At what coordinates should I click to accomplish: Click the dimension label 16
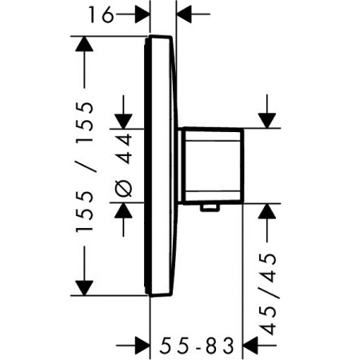[101, 14]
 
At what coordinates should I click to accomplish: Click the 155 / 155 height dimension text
[85, 167]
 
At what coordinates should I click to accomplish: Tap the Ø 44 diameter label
[125, 166]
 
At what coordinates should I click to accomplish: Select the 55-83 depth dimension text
[197, 346]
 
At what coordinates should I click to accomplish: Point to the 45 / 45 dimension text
[267, 294]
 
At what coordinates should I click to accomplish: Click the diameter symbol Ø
[125, 189]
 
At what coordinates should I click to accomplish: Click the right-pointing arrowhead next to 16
[142, 14]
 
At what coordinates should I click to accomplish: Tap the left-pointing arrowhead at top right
[184, 14]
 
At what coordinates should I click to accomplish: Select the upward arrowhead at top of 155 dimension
[84, 44]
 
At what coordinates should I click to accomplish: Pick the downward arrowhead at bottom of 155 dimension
[84, 288]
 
